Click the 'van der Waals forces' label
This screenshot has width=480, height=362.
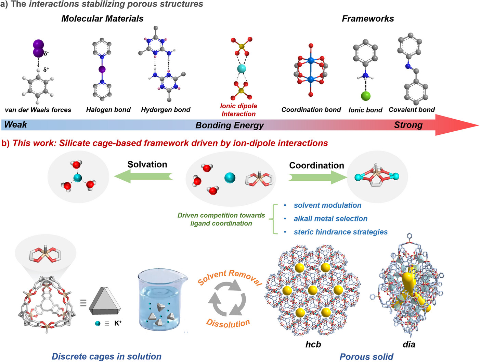tap(38, 110)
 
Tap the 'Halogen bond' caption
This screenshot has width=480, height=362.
tap(108, 110)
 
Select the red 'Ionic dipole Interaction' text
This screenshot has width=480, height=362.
tap(238, 110)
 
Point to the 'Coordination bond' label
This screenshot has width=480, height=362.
tap(311, 110)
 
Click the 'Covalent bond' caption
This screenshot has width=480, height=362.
tap(412, 110)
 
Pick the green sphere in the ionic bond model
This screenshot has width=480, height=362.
tap(366, 96)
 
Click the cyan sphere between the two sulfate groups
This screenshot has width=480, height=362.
tap(242, 69)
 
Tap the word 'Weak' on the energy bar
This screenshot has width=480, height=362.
tap(15, 124)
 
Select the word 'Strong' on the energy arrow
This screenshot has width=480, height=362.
tap(408, 125)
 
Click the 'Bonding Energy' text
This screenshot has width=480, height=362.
tap(230, 125)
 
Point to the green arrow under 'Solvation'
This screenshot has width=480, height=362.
tap(144, 176)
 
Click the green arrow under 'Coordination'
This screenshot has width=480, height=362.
tap(317, 177)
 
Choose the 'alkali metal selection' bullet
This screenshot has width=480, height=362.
tap(330, 219)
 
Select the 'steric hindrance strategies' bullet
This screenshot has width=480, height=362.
tap(340, 232)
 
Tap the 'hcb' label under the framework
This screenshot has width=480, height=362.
tap(313, 344)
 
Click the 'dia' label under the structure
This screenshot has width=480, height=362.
tap(409, 344)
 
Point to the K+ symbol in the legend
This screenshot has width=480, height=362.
tap(118, 323)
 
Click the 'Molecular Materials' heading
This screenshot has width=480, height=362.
tap(102, 19)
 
